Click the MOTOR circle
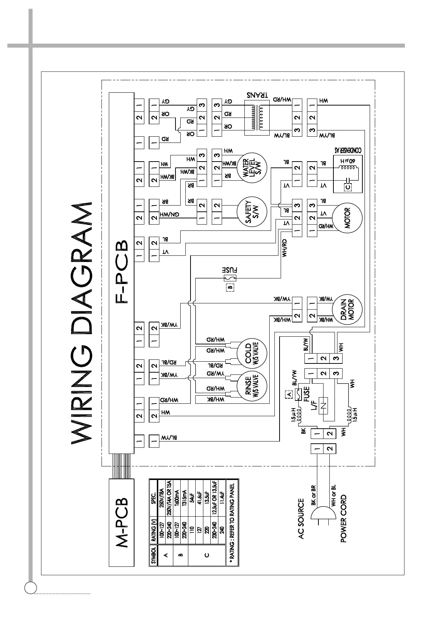pyautogui.click(x=347, y=218)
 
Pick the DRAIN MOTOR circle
pyautogui.click(x=347, y=310)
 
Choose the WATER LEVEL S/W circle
pyautogui.click(x=252, y=169)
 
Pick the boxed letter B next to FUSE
pyautogui.click(x=230, y=287)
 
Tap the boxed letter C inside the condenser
pyautogui.click(x=348, y=187)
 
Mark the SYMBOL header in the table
pyautogui.click(x=154, y=555)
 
